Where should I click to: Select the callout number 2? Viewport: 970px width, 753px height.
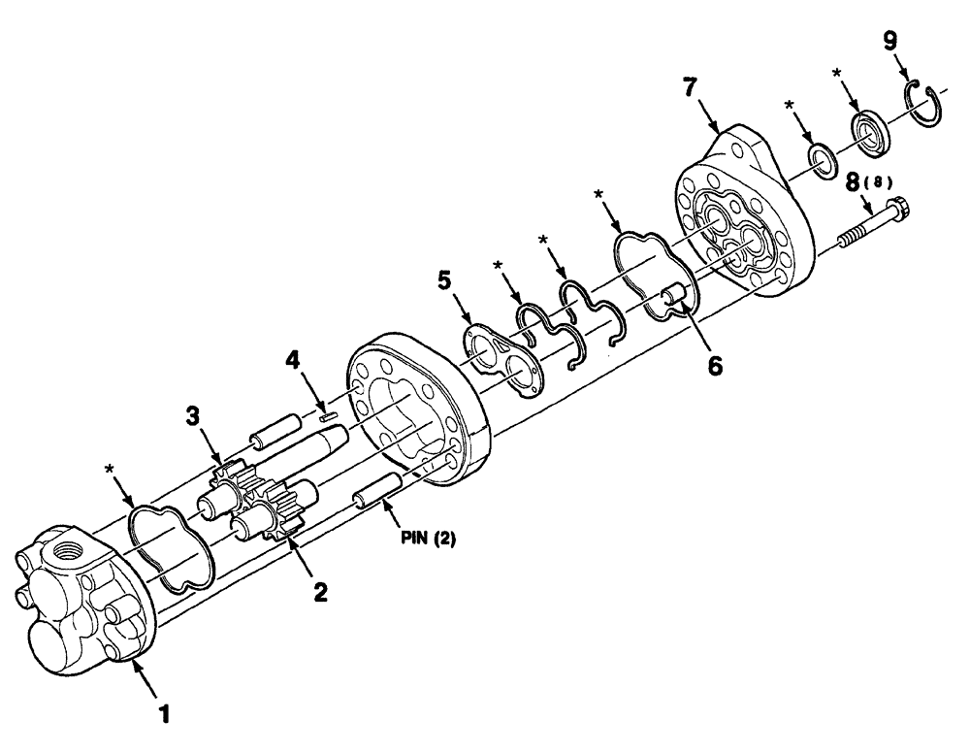pyautogui.click(x=319, y=591)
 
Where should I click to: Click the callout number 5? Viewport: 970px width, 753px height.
pyautogui.click(x=444, y=283)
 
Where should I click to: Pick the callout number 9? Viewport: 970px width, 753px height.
pyautogui.click(x=890, y=41)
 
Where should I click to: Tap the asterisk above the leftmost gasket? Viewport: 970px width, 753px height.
pyautogui.click(x=109, y=471)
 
